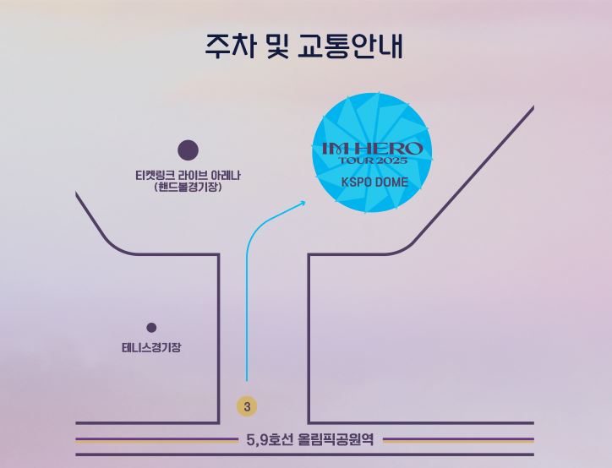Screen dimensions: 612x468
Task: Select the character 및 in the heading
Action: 278,46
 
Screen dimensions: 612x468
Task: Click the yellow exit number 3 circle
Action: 247,406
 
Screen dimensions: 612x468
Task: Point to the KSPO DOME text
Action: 374,182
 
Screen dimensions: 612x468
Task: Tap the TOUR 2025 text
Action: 373,161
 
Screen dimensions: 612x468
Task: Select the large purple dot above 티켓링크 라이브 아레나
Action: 188,150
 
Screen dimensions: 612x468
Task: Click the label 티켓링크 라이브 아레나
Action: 188,175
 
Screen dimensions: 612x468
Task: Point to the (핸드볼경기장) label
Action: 188,188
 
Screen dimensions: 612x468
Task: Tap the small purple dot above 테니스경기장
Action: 151,328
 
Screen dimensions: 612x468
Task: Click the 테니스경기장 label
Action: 151,347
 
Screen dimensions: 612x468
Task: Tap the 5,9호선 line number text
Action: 270,440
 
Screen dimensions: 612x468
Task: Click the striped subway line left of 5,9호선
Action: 156,440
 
